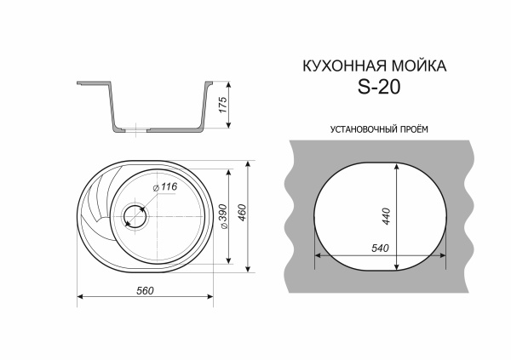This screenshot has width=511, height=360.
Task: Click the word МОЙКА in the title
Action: [417, 66]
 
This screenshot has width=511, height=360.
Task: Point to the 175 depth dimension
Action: [224, 106]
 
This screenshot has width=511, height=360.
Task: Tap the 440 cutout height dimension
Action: [388, 216]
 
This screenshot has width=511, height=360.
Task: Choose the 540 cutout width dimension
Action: [380, 248]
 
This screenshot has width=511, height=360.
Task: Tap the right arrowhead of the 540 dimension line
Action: [445, 254]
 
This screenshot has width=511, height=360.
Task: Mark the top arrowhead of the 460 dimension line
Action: [248, 162]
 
